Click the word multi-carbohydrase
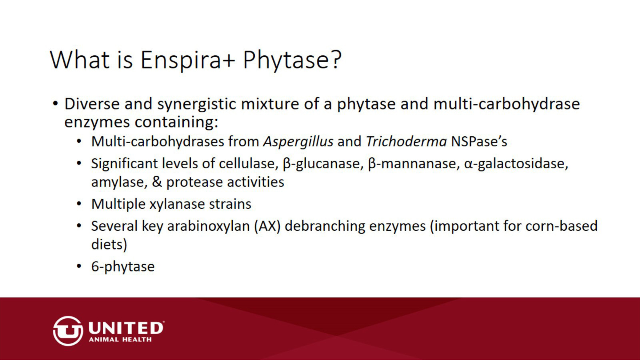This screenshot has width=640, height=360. (x=507, y=104)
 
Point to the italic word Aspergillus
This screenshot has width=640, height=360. (x=298, y=142)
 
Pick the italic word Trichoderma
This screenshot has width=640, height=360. (x=406, y=141)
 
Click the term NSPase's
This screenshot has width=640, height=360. (x=479, y=141)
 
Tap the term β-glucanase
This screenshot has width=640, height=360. (x=323, y=164)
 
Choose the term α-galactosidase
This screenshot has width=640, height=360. (x=516, y=164)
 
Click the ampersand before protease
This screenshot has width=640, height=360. (x=157, y=182)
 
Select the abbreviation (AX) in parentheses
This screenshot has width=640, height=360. (x=268, y=226)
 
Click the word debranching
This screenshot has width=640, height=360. (x=325, y=226)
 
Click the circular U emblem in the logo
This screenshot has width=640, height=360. (x=68, y=331)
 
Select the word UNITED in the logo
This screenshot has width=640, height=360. (x=126, y=328)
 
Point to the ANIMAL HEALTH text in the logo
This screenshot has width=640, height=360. (x=120, y=340)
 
